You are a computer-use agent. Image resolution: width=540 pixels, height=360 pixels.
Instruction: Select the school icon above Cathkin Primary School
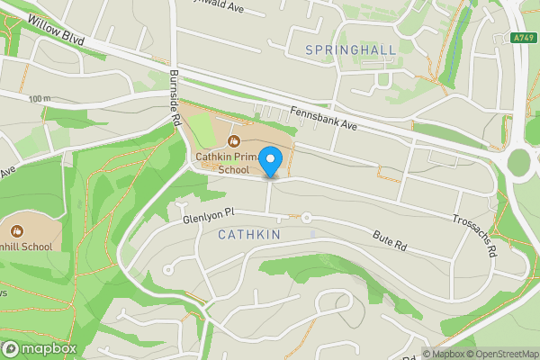[233, 141]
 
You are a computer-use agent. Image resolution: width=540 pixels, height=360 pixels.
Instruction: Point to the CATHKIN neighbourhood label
[249, 235]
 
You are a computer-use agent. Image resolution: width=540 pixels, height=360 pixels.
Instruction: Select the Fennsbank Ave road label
[324, 120]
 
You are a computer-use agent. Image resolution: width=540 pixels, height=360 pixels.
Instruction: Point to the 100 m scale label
[39, 98]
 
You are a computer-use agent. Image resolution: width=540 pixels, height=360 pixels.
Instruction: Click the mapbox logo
[40, 348]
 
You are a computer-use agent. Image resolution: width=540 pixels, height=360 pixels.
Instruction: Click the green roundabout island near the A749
[520, 163]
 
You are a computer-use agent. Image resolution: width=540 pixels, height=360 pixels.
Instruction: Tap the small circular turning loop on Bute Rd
[306, 218]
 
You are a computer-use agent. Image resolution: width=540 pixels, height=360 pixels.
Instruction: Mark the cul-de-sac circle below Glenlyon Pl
[168, 270]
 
